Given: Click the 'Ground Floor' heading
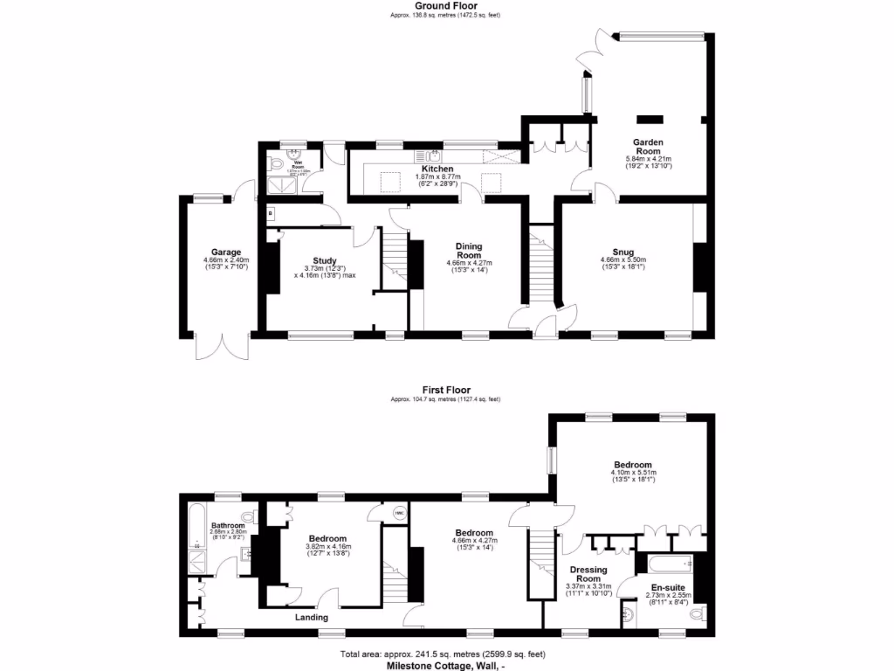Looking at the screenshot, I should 445,6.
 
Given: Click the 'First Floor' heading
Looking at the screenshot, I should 445,391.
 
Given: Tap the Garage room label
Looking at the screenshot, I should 214,252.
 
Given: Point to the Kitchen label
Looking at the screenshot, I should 437,169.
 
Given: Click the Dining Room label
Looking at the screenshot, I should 469,251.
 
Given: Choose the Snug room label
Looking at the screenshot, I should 622,252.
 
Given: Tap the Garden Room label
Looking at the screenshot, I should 649,147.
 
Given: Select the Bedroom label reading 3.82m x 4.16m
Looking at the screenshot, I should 327,539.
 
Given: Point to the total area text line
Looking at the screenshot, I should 445,654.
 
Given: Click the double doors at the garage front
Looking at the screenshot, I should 223,348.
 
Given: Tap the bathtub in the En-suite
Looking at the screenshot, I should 669,562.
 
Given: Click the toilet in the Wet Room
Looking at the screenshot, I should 276,164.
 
